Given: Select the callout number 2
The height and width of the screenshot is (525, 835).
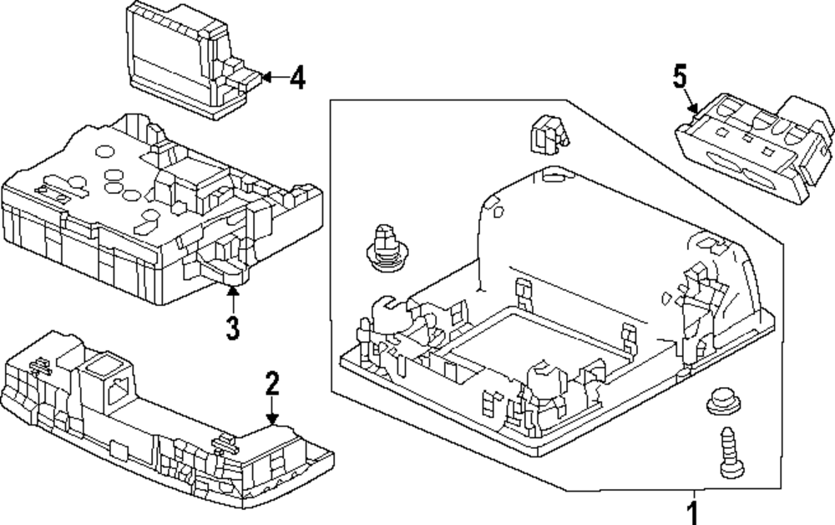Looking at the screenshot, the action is pos(272,384).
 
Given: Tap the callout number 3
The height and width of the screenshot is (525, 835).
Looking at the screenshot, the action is pos(233,328).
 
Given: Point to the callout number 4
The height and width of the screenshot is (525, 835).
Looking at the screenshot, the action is pos(298,78).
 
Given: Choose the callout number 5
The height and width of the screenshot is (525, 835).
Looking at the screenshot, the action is pos(680,76).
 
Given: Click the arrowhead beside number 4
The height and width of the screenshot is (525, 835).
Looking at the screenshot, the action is pos(267,77).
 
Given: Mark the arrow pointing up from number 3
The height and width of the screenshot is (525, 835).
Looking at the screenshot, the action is pos(233,300).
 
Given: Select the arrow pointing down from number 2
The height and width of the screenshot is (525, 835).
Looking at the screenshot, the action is pos(272,411).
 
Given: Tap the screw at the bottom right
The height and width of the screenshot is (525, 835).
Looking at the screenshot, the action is pos(731,452).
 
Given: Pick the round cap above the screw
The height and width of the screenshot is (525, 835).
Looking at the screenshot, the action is pos(724,400).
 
